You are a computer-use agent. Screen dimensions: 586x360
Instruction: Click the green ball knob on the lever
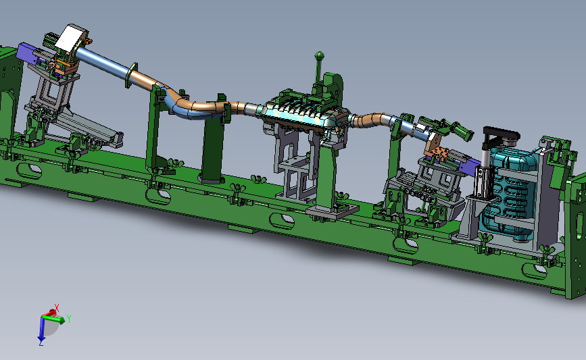[319, 55]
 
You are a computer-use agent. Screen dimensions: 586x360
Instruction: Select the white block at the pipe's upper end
[71, 38]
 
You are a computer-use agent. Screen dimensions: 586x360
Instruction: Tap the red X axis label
[57, 308]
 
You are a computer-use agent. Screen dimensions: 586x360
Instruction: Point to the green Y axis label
[69, 319]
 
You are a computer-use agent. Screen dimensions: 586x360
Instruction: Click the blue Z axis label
[41, 342]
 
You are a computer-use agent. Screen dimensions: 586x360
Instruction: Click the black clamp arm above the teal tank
[501, 135]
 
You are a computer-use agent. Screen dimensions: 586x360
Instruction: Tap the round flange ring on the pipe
[130, 76]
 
